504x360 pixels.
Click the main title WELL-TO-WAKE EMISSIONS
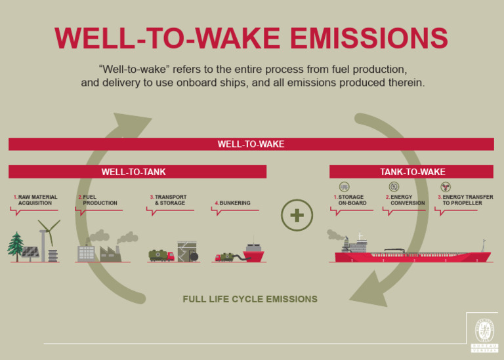click(251, 38)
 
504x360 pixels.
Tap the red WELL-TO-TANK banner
click(137, 172)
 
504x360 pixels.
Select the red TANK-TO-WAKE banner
click(411, 172)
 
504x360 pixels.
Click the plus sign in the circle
click(297, 216)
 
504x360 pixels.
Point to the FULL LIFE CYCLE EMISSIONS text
click(250, 299)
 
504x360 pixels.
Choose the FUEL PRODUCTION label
click(98, 200)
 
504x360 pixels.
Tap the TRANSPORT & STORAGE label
click(169, 200)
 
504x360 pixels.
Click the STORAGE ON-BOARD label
click(352, 200)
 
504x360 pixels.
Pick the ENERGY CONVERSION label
click(406, 200)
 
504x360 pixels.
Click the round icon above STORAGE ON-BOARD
click(345, 187)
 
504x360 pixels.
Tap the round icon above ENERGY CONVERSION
click(394, 187)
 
